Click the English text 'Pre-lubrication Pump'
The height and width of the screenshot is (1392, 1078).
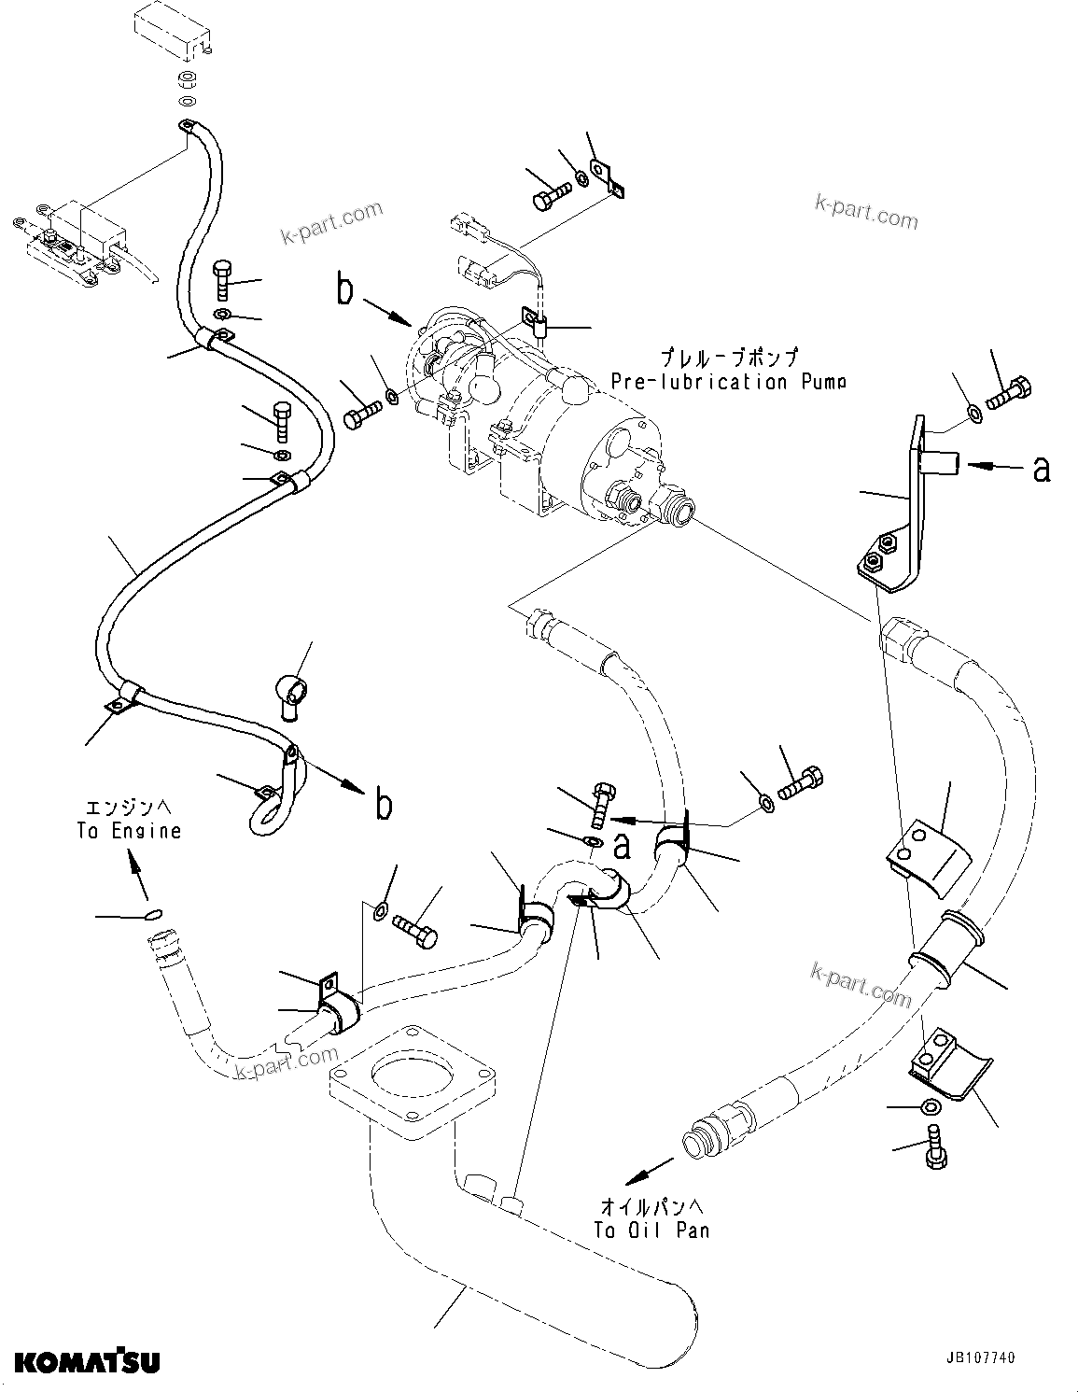728,382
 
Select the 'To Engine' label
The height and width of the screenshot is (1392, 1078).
129,830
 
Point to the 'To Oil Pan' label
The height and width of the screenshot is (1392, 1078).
651,1230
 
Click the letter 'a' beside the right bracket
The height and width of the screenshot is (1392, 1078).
1041,470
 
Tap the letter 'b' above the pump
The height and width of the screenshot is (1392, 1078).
345,290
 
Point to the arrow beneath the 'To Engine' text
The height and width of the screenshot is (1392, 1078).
136,877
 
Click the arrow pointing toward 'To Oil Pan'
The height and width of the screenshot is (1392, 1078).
649,1173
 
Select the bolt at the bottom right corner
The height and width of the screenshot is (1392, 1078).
935,1146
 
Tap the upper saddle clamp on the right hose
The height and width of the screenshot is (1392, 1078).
924,858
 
